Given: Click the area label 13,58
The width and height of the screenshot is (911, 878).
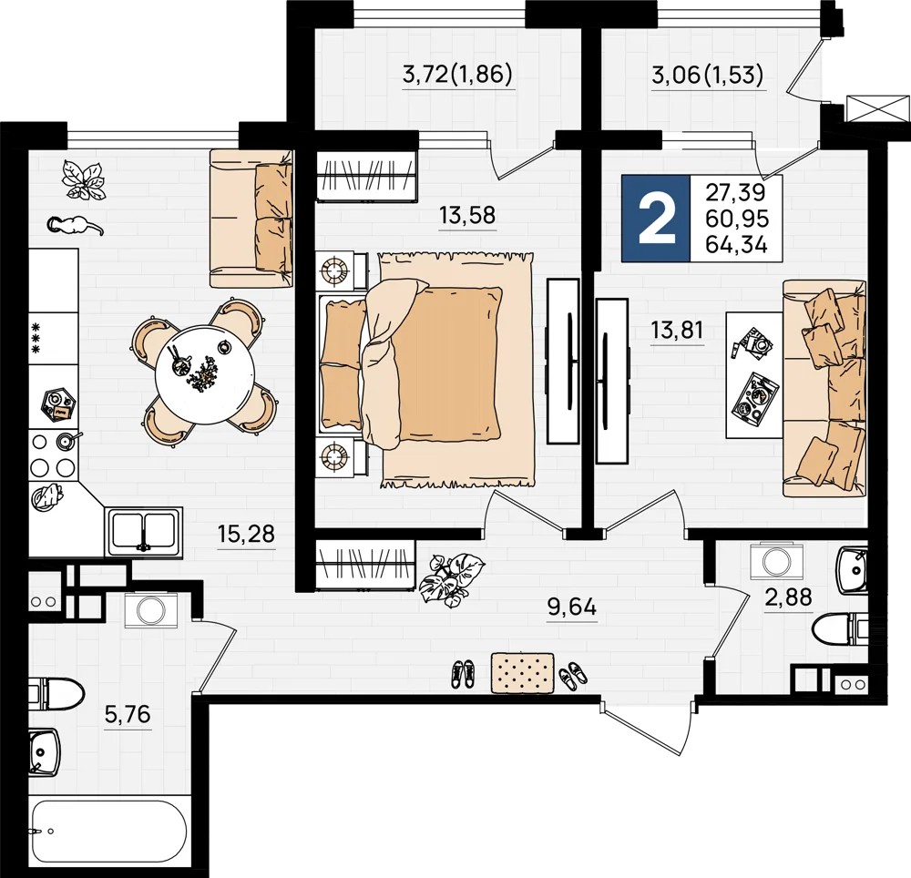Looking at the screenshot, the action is (467, 216).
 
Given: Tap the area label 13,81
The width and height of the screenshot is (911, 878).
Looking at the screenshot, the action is (677, 331).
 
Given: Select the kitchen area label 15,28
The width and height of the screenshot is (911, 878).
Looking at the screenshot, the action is (246, 534).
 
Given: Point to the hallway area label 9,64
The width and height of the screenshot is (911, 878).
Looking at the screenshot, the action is (572, 607).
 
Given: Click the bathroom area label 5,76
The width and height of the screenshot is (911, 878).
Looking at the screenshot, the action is (128, 714).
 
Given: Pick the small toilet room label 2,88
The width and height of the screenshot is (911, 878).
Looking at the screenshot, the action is (788, 597).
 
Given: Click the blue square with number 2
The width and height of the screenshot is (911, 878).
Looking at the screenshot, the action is (656, 218).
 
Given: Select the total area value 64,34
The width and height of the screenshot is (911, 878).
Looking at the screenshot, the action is (737, 244).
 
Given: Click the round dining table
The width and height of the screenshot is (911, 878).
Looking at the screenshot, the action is (204, 374).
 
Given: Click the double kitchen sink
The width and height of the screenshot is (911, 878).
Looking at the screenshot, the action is (145, 531).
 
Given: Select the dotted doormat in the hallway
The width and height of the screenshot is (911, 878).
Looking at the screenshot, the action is (522, 672).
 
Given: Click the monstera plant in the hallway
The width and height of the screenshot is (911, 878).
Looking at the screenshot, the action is (452, 578).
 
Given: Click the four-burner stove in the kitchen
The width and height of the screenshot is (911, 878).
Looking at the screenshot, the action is (53, 454).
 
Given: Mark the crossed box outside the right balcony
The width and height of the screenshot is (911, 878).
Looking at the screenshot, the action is (877, 107).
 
